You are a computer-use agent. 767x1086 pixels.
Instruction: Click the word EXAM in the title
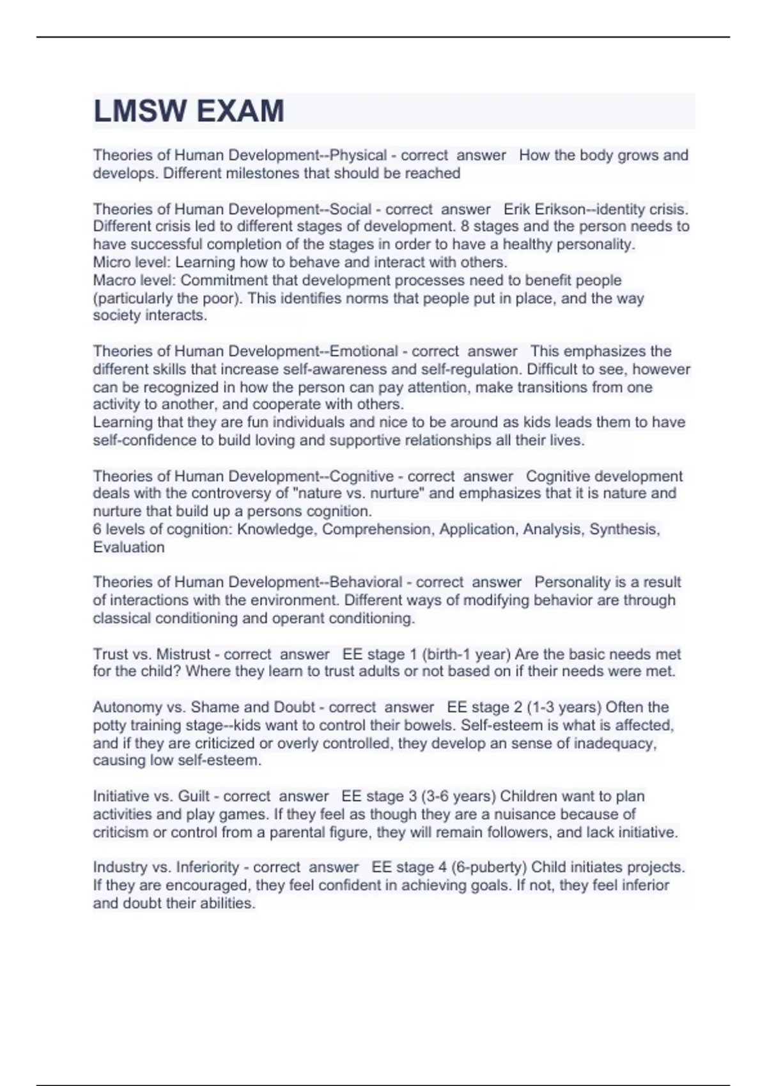[x=240, y=112]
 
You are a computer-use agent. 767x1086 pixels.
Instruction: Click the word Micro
[x=110, y=262]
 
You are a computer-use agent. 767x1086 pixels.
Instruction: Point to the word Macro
[x=112, y=280]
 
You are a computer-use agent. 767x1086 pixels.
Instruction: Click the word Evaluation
[x=128, y=547]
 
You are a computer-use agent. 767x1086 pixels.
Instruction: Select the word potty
[x=109, y=725]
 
